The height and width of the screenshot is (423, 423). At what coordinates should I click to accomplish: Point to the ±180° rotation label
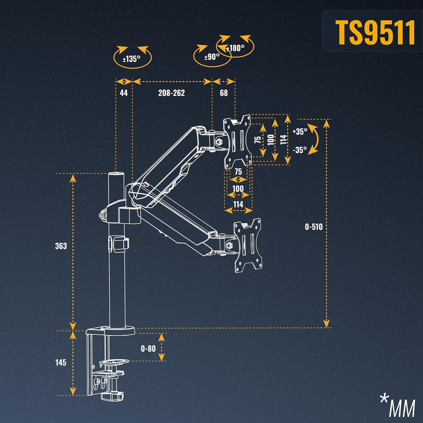tap(236, 48)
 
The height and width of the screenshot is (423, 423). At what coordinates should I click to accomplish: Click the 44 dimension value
tap(124, 93)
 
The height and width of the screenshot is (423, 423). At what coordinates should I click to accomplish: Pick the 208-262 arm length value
tap(171, 93)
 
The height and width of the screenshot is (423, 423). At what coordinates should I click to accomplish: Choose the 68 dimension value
tap(224, 93)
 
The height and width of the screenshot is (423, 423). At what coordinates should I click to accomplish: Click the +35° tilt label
tap(300, 132)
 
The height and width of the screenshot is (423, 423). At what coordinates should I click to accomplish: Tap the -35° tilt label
tap(300, 150)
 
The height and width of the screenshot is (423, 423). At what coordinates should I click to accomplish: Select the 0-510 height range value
tap(314, 226)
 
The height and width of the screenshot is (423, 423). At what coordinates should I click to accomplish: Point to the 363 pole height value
tap(61, 246)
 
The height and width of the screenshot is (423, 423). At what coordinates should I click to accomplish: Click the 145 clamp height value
tap(61, 363)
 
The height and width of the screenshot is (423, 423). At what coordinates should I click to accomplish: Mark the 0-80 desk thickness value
tap(148, 348)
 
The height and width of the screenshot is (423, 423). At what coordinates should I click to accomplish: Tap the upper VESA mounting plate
tap(237, 141)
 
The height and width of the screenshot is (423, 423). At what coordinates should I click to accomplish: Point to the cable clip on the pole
tap(118, 242)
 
